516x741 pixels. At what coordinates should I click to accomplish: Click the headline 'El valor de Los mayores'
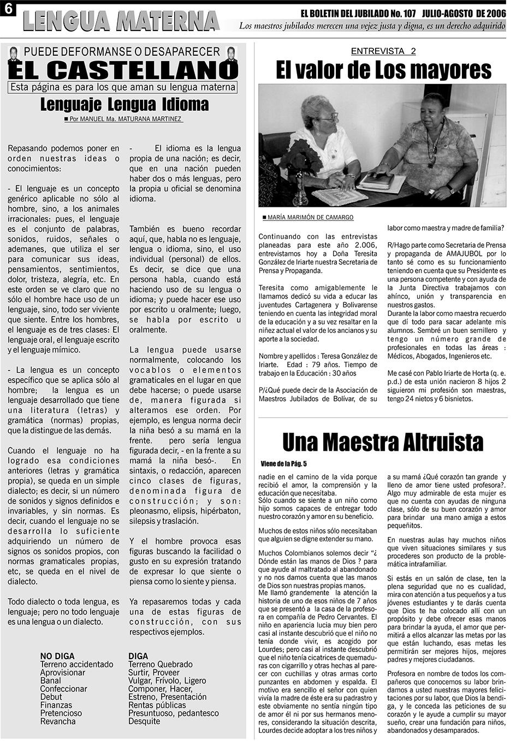tap(383, 70)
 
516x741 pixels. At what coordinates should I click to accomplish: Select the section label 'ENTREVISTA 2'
tap(383, 51)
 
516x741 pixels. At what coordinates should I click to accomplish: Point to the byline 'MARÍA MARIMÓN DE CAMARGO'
tap(310, 217)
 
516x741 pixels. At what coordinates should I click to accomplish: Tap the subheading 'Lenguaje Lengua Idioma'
tap(124, 104)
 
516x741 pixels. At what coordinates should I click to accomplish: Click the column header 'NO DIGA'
tap(57, 656)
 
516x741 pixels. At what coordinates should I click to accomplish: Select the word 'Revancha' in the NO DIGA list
tap(58, 721)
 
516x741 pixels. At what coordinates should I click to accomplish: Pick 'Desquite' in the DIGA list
tap(144, 721)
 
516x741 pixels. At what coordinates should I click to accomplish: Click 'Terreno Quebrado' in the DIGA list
tap(160, 664)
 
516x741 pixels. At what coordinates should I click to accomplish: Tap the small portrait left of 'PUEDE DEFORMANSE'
tap(14, 53)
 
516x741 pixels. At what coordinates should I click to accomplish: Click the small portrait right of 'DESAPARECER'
tap(232, 53)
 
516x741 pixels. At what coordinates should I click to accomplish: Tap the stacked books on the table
tap(377, 180)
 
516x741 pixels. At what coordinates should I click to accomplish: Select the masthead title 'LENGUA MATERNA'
tap(121, 21)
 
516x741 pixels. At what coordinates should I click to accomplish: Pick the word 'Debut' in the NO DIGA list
tap(51, 697)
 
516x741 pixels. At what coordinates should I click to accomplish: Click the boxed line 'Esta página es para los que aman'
tap(123, 87)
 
